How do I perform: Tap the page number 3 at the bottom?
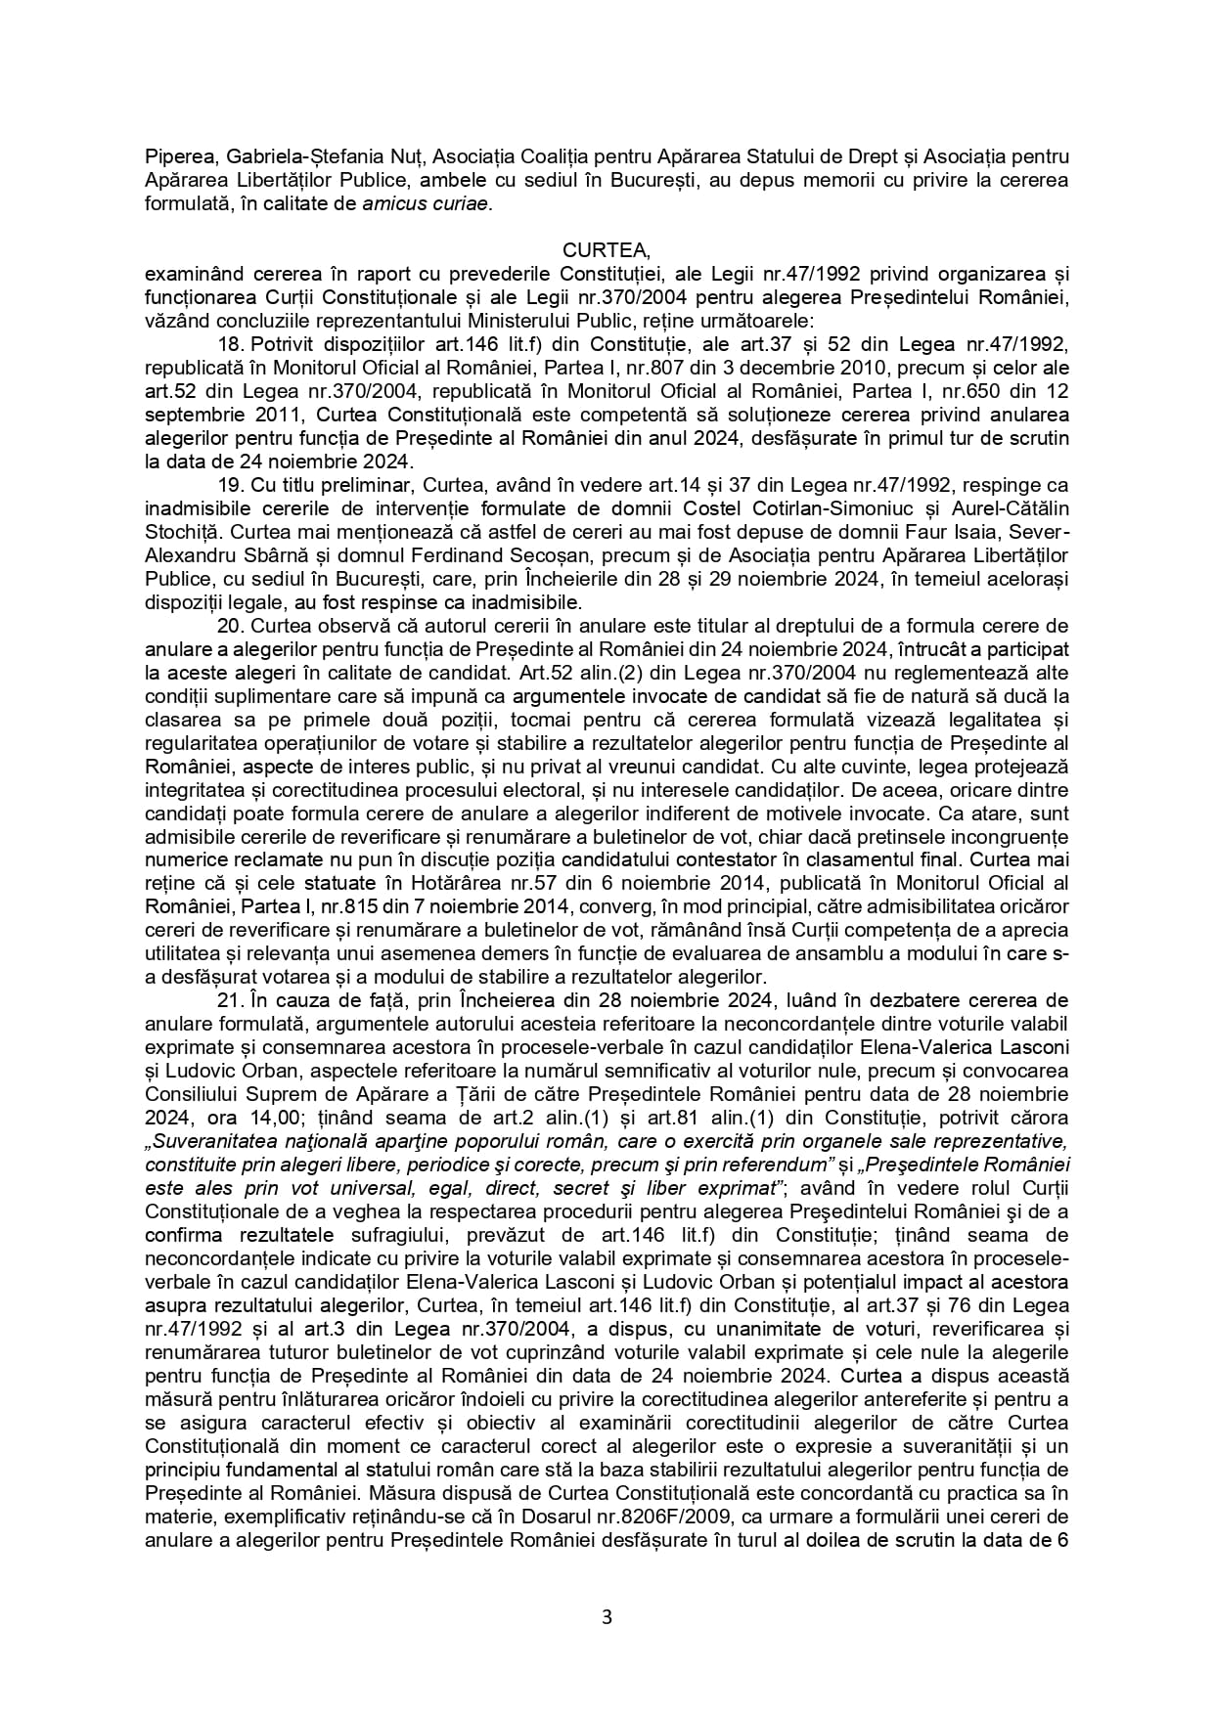pyautogui.click(x=607, y=1616)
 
